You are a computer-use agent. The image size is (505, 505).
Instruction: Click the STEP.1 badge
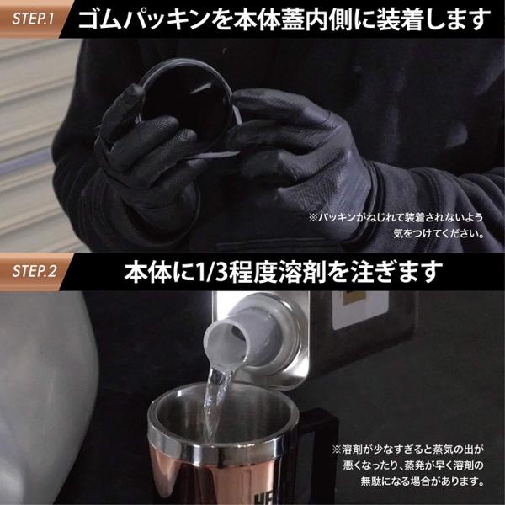point(32,19)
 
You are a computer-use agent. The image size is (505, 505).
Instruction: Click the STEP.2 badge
point(32,271)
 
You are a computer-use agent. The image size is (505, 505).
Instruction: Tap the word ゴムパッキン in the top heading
point(144,19)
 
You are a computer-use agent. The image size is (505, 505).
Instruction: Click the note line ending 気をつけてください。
point(439,233)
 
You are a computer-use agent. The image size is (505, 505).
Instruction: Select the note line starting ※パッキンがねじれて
point(396,217)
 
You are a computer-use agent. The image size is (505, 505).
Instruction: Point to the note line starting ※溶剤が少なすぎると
point(408,449)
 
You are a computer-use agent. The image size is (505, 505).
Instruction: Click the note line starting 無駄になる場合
point(423,481)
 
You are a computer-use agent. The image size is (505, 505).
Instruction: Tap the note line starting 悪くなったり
point(413,465)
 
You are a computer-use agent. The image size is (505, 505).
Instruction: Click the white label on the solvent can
point(360,310)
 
